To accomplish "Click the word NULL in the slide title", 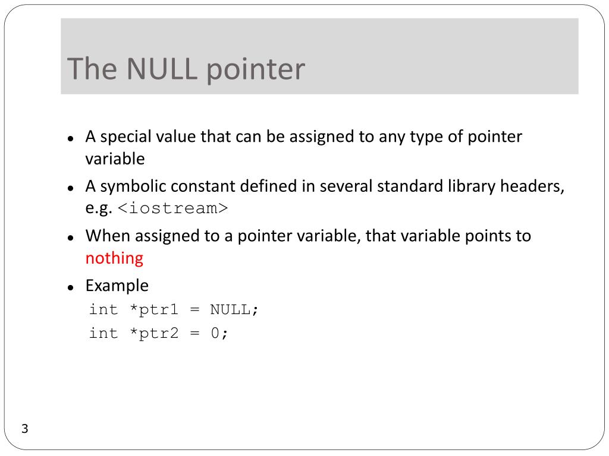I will (162, 69).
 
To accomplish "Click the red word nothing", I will (114, 258).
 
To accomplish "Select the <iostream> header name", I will (172, 209).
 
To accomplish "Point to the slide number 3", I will (25, 429).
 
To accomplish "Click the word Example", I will (117, 286).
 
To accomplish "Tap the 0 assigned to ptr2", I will (215, 333).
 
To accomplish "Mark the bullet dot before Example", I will (70, 287).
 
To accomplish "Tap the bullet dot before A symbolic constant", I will (70, 188).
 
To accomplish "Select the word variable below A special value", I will (115, 159).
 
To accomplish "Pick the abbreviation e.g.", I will (99, 209).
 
